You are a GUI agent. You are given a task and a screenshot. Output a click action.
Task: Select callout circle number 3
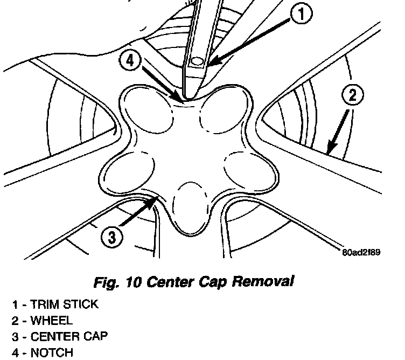(111, 237)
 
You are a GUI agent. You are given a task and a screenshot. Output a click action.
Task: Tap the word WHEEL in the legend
(51, 321)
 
